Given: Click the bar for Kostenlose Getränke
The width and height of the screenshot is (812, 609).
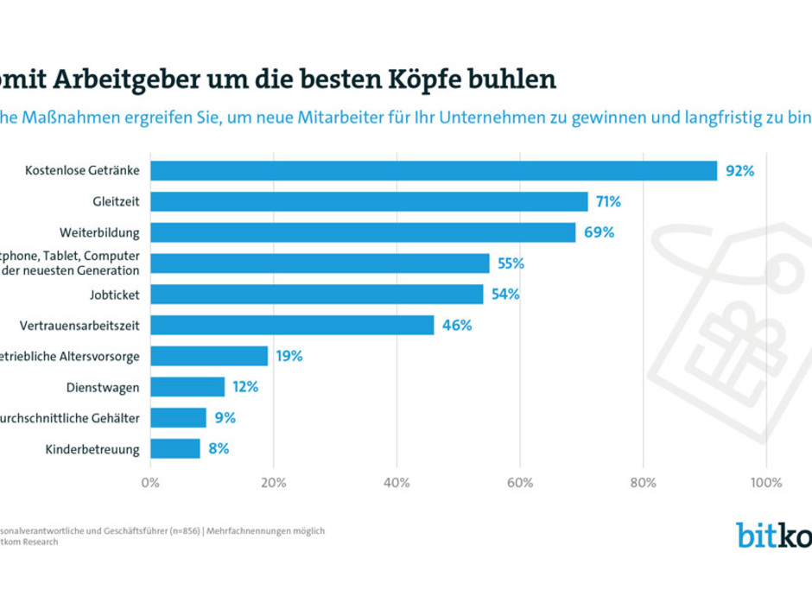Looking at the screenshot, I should pos(434,170).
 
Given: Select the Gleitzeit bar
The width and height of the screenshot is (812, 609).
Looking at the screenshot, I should pos(369,201).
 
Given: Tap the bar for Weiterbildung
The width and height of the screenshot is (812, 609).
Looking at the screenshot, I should pos(363,232).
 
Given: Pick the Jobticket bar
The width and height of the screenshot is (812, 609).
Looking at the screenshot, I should pos(317,295).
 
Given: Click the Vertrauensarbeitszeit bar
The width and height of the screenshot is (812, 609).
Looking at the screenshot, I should pos(292,325).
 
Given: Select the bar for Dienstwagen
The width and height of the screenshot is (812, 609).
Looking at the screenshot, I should pos(187,387).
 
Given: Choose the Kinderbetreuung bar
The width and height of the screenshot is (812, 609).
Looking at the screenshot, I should pos(175,448).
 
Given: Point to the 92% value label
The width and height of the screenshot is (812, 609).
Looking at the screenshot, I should pos(739,171).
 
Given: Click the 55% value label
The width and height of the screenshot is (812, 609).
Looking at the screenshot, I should pos(511,263).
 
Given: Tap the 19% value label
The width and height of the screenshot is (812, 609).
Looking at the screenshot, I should pos(289,356).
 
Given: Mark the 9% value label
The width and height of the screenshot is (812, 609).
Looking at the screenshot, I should pos(225,418).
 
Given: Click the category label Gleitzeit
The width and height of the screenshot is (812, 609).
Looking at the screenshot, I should pos(117,201).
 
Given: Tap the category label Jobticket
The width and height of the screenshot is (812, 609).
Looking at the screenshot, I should pos(116,295).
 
